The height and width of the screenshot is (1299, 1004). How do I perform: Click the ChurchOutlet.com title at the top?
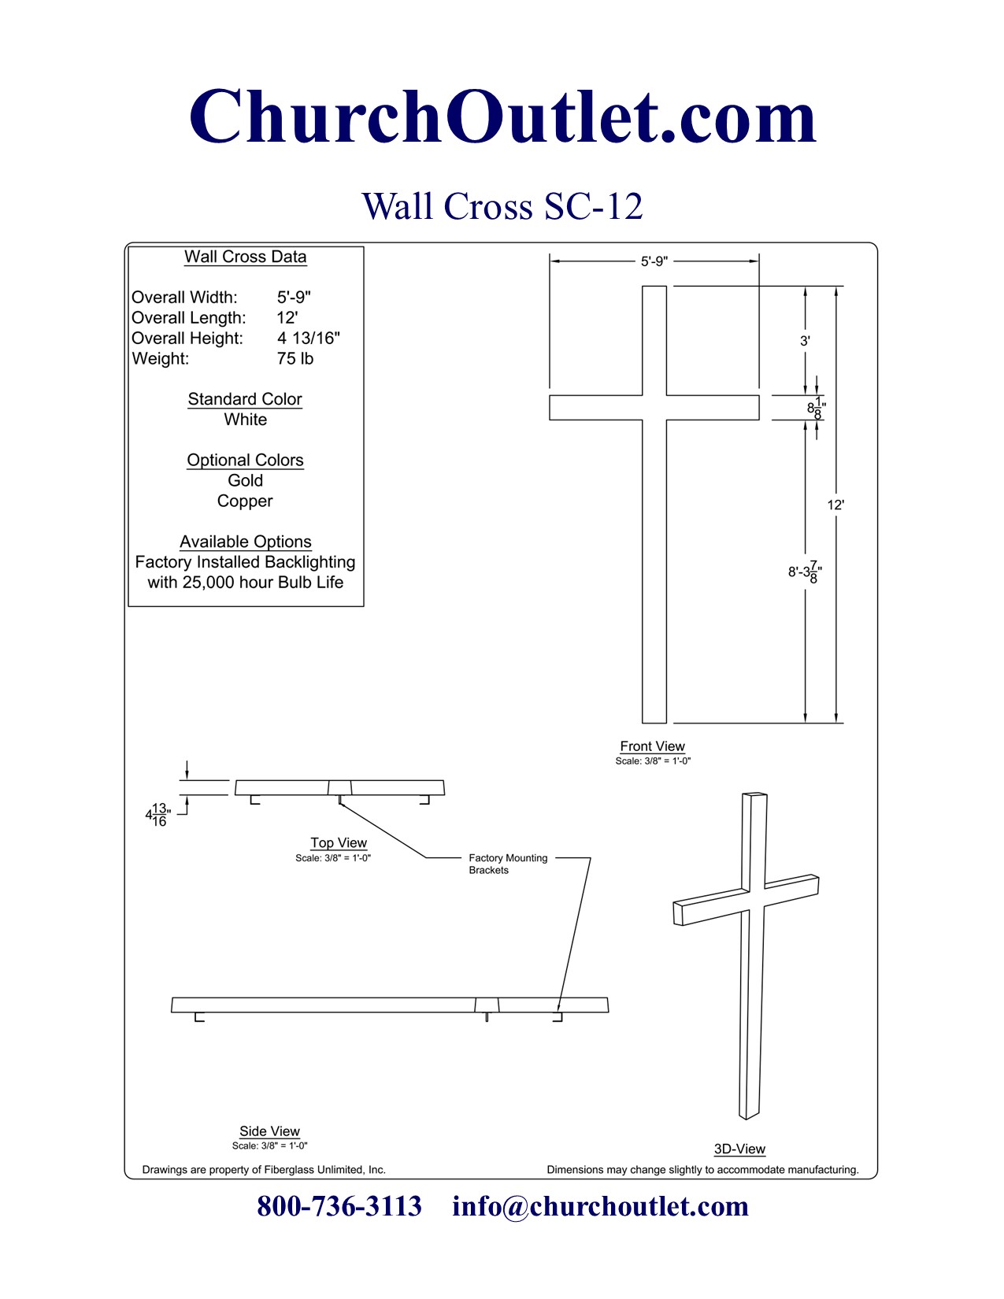(x=502, y=117)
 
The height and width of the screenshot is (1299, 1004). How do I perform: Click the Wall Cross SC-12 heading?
(x=502, y=206)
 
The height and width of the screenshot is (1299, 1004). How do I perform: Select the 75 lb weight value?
(x=295, y=359)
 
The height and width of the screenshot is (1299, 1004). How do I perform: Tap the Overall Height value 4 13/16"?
(x=308, y=339)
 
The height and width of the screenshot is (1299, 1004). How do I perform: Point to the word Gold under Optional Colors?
(x=245, y=480)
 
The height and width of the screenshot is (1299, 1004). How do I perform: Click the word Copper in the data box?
(x=245, y=501)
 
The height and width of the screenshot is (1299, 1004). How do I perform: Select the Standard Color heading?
(x=245, y=399)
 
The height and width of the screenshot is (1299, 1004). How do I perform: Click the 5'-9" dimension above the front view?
(x=654, y=261)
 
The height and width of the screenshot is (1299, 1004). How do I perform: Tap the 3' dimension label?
(x=805, y=341)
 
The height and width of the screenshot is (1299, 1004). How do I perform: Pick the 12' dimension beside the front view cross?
(x=835, y=505)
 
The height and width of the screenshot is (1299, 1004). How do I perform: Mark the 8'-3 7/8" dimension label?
(x=805, y=572)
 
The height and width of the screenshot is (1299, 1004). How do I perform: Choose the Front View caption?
(x=652, y=746)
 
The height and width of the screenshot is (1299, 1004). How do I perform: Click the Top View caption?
(x=339, y=842)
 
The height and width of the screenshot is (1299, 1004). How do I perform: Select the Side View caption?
(x=269, y=1131)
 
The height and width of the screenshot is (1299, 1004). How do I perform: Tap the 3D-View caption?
(x=739, y=1149)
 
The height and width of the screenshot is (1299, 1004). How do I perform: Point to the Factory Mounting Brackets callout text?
(x=507, y=864)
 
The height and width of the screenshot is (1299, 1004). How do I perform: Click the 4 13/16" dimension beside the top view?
(x=158, y=815)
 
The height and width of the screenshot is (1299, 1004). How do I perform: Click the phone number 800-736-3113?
(x=339, y=1206)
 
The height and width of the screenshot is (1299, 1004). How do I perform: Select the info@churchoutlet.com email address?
(x=600, y=1206)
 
